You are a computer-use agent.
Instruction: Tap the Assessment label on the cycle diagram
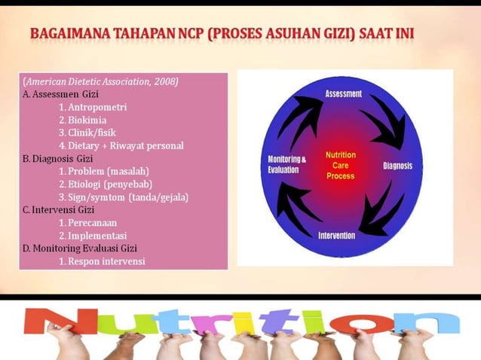(x=343, y=94)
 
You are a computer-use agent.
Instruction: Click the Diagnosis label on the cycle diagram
(x=402, y=166)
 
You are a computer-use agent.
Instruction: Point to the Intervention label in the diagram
(x=336, y=236)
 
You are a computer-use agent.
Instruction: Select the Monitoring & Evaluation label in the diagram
(x=286, y=164)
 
